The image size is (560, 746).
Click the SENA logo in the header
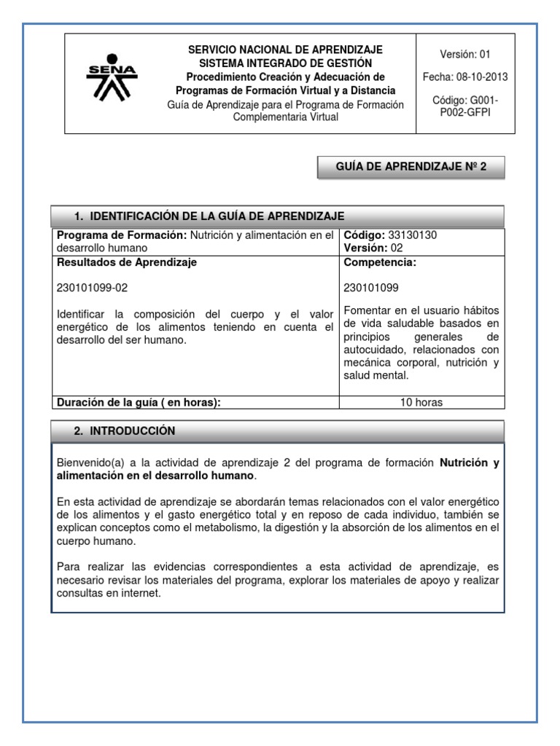click(x=112, y=77)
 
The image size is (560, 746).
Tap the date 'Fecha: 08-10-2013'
click(x=465, y=76)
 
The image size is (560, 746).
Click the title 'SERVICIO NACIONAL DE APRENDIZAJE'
click(x=285, y=50)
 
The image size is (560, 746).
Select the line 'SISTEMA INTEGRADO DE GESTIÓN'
click(x=285, y=63)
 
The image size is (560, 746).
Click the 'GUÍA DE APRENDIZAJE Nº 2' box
click(x=411, y=168)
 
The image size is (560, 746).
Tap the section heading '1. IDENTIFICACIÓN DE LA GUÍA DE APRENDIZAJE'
click(x=209, y=216)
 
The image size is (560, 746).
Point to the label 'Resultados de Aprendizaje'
click(x=126, y=262)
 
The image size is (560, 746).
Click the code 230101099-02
click(x=92, y=288)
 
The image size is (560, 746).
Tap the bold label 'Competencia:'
click(x=379, y=262)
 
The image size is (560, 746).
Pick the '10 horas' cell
click(x=421, y=402)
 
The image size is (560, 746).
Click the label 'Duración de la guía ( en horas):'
click(x=138, y=402)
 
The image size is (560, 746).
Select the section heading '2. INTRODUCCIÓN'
click(x=125, y=431)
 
